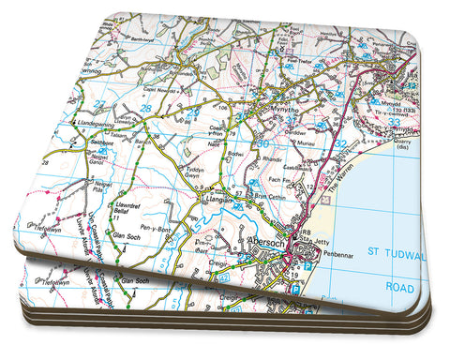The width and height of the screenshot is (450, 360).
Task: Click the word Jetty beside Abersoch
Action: point(319,242)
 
